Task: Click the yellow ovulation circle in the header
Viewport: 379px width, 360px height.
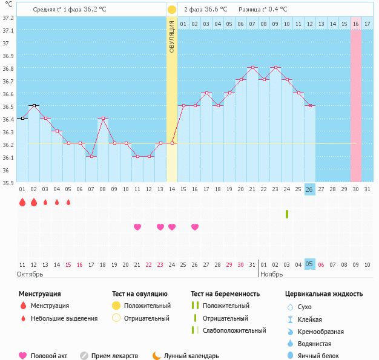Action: [x=172, y=10]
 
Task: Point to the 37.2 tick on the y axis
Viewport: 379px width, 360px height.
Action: [x=8, y=18]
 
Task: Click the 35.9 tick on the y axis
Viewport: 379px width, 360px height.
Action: [x=8, y=182]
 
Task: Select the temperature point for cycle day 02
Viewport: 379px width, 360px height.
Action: [x=34, y=106]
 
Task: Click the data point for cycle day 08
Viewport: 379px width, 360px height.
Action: [x=103, y=119]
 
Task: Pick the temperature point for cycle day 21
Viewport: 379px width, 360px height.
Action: [x=252, y=68]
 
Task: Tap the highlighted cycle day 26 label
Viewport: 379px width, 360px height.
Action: [x=309, y=189]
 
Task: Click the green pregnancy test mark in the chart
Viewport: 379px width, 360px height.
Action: [x=287, y=214]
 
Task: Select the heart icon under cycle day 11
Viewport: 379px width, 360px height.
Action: [x=137, y=227]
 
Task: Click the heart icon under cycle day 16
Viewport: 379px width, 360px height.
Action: [x=195, y=227]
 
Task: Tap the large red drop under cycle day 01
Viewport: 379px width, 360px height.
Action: [x=22, y=203]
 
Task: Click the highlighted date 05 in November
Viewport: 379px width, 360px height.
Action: [x=309, y=264]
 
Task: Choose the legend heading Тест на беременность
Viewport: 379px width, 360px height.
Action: [x=225, y=293]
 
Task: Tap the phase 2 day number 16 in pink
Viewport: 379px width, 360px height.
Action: [x=356, y=24]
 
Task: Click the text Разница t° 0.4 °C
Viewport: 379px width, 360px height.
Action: [x=263, y=10]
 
